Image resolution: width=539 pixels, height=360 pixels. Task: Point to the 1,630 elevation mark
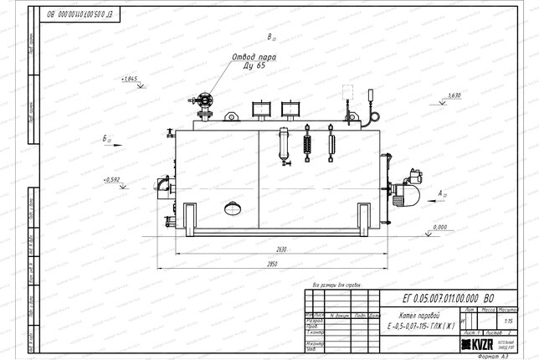click(454, 95)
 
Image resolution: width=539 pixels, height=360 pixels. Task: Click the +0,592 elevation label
click(112, 179)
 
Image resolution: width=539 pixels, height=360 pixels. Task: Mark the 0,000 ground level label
click(443, 226)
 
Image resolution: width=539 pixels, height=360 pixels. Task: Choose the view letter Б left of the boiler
click(105, 136)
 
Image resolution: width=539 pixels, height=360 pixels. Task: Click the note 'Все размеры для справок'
click(335, 285)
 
